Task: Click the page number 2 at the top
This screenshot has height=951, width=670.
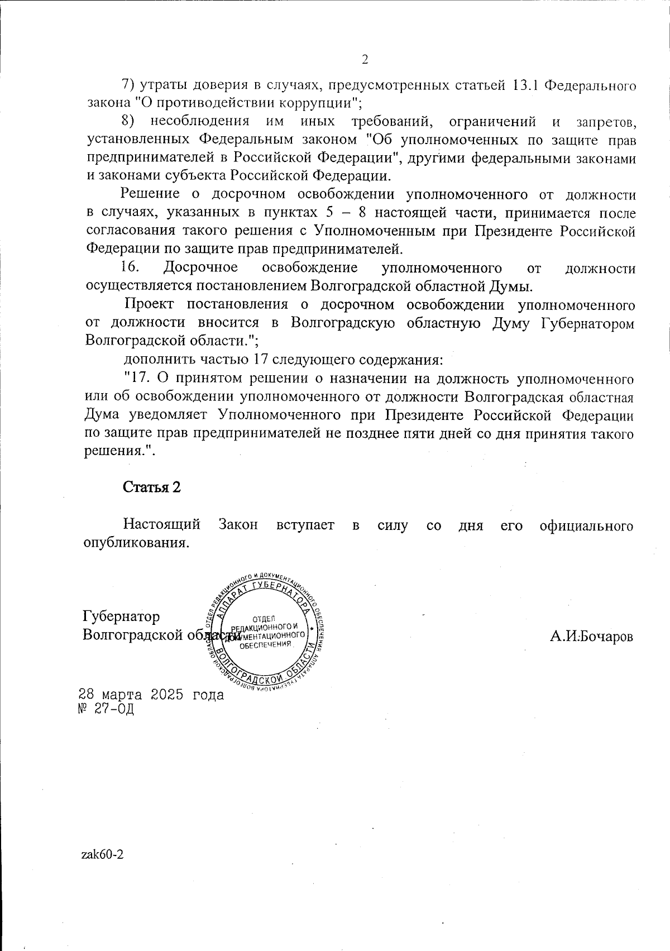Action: [366, 60]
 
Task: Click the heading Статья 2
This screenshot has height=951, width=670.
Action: [152, 487]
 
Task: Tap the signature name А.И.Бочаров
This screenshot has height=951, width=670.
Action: [591, 637]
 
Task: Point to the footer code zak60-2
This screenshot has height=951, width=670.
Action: [102, 855]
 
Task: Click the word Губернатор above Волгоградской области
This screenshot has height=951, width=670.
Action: [121, 617]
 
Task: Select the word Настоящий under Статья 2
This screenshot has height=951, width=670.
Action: [162, 525]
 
